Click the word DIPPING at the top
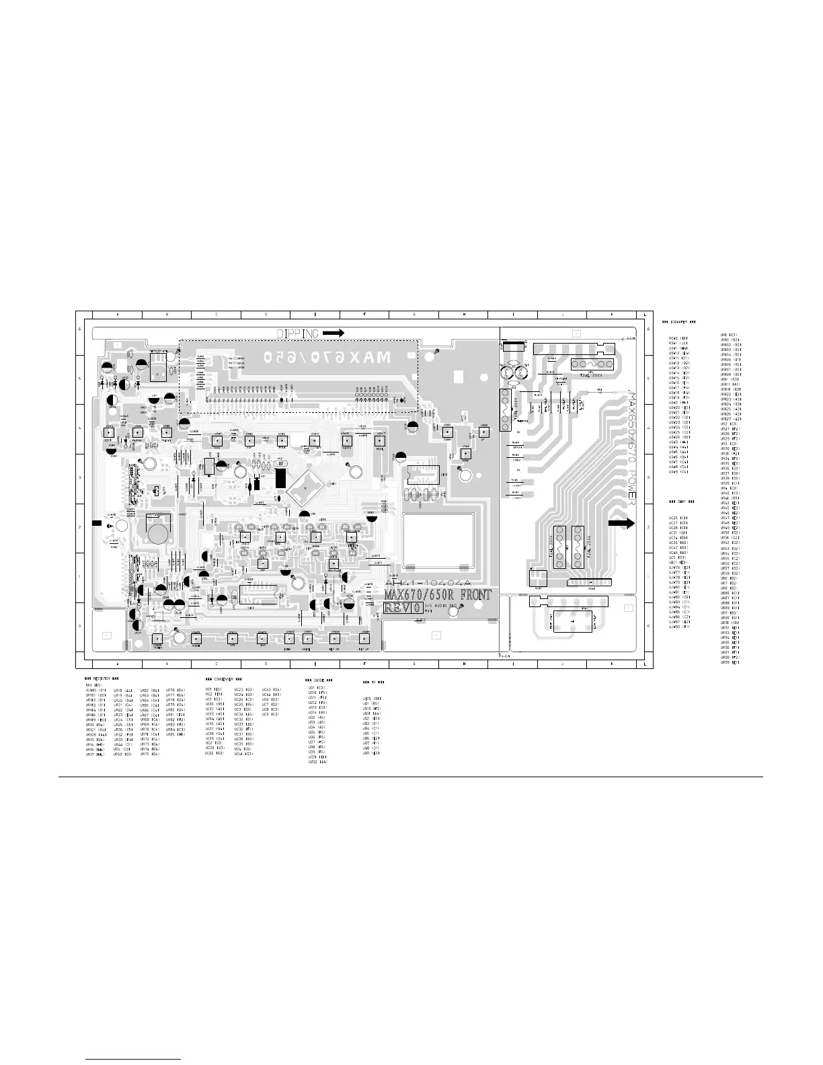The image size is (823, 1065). (298, 333)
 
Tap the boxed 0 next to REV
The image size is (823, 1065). (418, 608)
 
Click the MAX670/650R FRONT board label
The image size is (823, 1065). (437, 595)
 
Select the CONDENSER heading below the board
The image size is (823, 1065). (223, 678)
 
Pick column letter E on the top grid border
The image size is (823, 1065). (315, 315)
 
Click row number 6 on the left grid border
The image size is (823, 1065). (80, 329)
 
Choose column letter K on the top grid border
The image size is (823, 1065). (612, 315)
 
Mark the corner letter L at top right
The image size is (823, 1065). (645, 315)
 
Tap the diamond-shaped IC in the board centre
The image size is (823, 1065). (307, 484)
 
